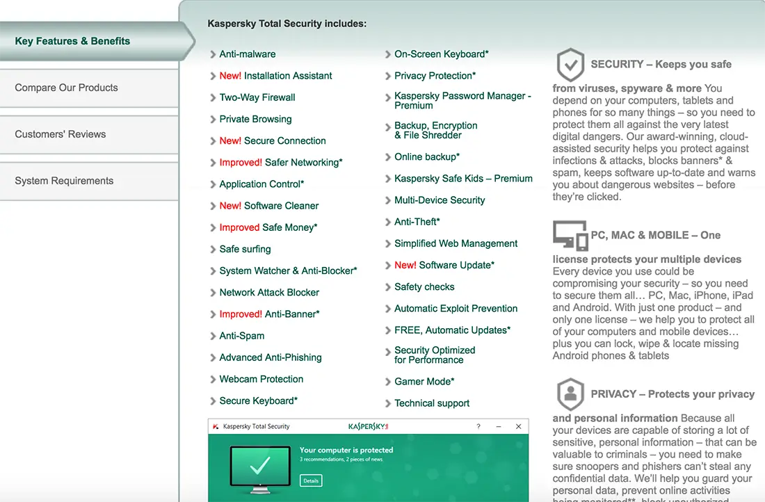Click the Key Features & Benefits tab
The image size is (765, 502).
[x=72, y=41]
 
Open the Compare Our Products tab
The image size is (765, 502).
[x=67, y=88]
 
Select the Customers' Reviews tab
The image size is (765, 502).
[x=61, y=134]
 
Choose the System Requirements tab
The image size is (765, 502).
[x=64, y=181]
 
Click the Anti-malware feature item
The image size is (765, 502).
[x=248, y=54]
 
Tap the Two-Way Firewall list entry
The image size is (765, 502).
[x=257, y=97]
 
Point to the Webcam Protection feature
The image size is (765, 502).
[x=261, y=379]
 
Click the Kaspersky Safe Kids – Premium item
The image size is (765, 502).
[x=463, y=179]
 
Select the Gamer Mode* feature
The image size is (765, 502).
[x=424, y=382]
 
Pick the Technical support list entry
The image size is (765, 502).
[x=432, y=403]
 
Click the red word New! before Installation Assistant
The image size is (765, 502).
[x=230, y=76]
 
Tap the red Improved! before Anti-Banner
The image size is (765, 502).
[x=241, y=314]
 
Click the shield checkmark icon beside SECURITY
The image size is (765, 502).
[x=570, y=65]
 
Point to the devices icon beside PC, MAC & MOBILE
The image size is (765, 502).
[x=570, y=235]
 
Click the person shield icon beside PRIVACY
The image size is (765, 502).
[x=570, y=394]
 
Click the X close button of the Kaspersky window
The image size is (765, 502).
[x=517, y=426]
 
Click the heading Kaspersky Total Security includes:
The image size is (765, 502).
[x=287, y=24]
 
